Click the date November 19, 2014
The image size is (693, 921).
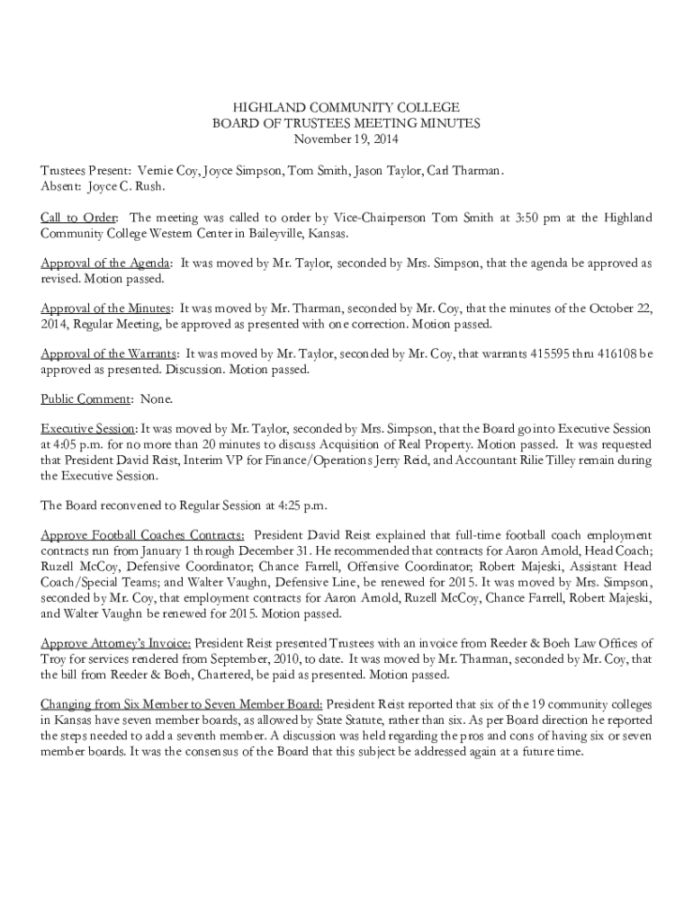(x=346, y=139)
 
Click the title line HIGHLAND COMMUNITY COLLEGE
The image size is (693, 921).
(x=346, y=107)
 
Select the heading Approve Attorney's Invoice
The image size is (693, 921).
(x=116, y=644)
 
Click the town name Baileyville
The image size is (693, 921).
(x=247, y=234)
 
